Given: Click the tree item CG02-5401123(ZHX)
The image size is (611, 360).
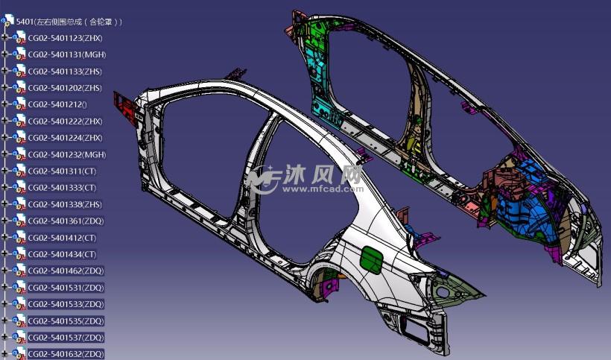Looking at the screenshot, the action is (65, 38).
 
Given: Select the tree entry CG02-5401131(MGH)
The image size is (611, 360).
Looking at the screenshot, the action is (67, 54).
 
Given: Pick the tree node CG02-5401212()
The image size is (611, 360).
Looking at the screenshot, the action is (57, 104).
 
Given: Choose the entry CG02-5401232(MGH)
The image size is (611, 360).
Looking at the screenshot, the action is (67, 155).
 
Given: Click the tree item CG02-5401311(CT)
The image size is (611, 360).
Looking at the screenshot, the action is (62, 171).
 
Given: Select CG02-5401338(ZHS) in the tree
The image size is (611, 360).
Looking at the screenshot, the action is (65, 204).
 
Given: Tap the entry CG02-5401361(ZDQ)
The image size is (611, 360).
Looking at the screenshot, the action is (66, 221).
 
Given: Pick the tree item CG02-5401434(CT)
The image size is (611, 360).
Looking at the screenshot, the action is (62, 254).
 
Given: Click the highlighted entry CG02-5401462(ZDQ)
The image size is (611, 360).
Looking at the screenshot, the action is (66, 271).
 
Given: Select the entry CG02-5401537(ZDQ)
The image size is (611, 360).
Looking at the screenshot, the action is (66, 338).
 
